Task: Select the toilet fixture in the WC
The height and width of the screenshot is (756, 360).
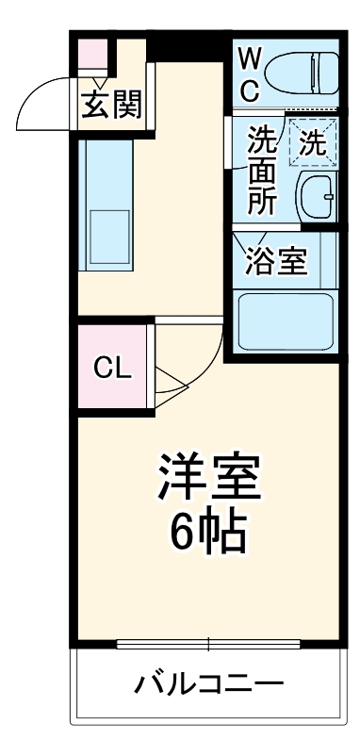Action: point(301,72)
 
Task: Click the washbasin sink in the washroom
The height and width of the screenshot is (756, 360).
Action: point(316,195)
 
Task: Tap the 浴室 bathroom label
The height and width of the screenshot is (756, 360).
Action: point(276,261)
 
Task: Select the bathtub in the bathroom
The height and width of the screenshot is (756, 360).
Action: point(285,321)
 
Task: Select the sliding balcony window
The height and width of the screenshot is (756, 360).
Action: point(209,645)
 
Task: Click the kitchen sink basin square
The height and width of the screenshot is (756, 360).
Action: point(108,237)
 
